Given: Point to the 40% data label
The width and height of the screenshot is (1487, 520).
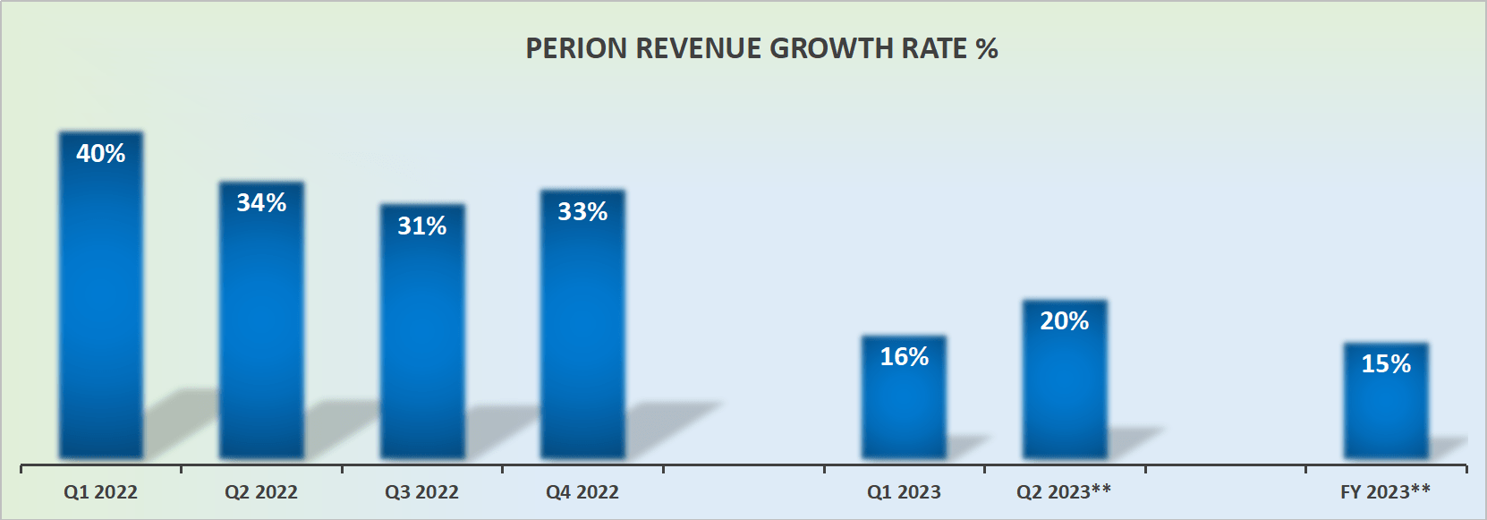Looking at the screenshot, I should click(101, 154).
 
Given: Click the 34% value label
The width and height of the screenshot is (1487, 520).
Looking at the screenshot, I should click(261, 203).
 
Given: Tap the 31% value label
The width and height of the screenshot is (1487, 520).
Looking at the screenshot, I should click(422, 226).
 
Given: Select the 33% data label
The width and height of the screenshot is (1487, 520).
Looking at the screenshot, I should click(582, 212).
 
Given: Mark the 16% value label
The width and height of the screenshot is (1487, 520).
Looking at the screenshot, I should click(904, 357).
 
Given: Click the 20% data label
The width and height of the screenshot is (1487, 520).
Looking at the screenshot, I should click(1065, 321).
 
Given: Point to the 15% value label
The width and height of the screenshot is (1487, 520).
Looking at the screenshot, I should click(1386, 364).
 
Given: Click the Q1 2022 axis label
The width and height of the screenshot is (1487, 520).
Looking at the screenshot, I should click(100, 492).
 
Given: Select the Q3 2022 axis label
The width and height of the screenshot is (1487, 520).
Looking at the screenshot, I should click(421, 492).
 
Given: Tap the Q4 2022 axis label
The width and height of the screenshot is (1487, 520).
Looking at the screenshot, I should click(582, 492).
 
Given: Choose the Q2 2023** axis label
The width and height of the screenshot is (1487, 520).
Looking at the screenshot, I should click(1064, 492).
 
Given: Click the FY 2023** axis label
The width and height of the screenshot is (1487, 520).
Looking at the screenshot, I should click(1385, 492).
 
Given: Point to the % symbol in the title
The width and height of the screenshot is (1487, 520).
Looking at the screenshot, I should click(987, 48).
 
